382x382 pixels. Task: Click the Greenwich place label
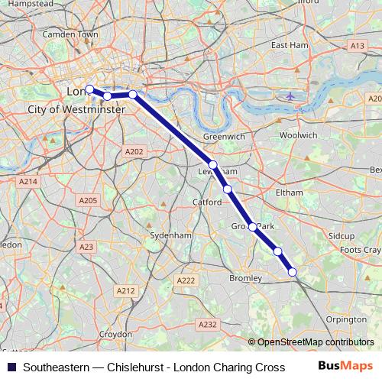coord(224,136)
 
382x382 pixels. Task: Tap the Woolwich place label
coord(299,134)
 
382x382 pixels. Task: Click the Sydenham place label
coord(170,235)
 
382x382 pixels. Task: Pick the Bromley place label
coord(246,279)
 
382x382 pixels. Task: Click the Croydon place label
coord(115,335)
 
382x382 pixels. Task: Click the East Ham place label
coord(289,45)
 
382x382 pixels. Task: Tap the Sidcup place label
coord(342,237)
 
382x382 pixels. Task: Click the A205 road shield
coord(88,200)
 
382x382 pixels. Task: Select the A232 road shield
coord(207,325)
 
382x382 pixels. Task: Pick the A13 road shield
coord(357,46)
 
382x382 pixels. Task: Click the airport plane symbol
coord(290,96)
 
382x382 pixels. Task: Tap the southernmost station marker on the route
coord(292,271)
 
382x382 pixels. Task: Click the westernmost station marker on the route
coord(89,89)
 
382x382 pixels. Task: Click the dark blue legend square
coord(11,367)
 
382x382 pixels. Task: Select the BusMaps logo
coord(346,367)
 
